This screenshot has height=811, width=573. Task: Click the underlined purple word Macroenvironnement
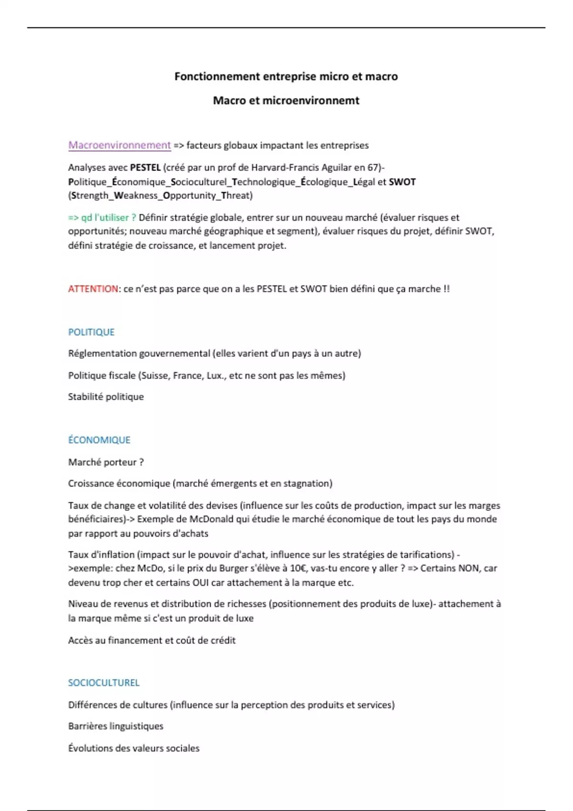click(119, 145)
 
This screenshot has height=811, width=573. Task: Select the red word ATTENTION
click(93, 289)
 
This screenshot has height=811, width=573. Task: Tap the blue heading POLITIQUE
click(91, 332)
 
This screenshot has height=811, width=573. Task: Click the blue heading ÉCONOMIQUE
click(99, 440)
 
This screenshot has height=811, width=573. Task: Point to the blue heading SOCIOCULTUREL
click(104, 683)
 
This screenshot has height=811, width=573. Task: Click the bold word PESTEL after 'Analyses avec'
click(145, 167)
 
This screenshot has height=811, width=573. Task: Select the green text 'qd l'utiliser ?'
click(108, 218)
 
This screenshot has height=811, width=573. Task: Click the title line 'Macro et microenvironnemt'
click(286, 101)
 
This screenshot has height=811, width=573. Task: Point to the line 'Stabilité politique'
click(106, 397)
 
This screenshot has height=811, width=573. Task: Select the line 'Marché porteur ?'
click(106, 462)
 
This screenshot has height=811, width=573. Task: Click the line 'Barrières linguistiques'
click(116, 726)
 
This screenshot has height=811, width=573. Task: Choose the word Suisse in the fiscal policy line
click(155, 375)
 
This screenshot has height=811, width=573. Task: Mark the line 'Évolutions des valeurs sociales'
click(134, 748)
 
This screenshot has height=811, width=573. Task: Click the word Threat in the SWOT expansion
click(237, 196)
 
